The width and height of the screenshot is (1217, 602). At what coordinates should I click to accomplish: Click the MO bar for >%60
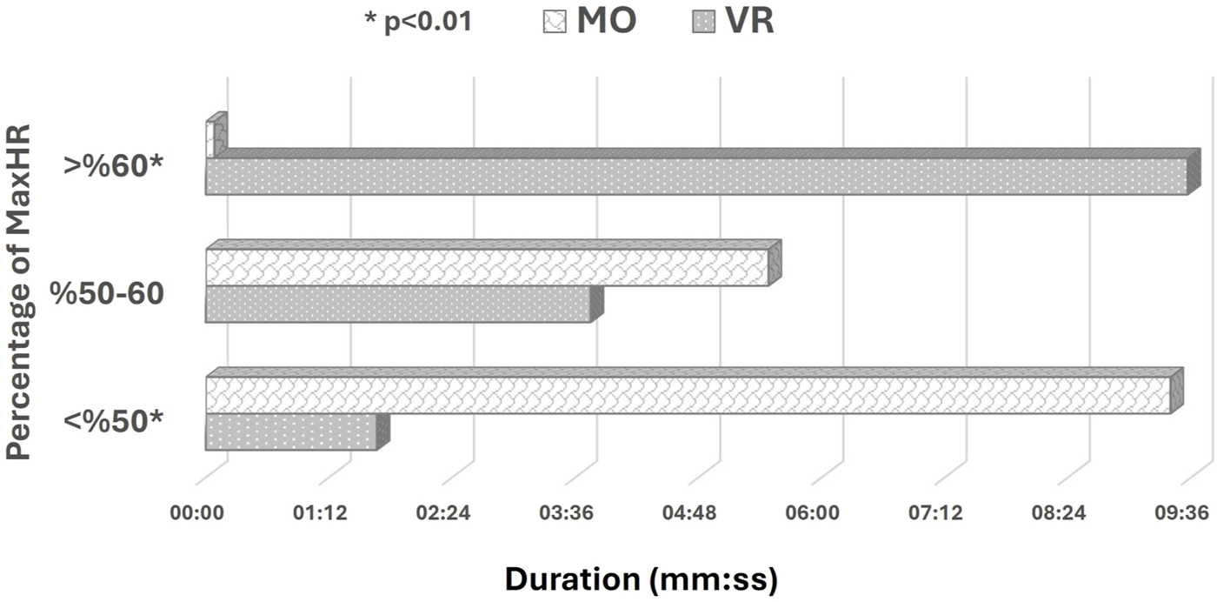(210, 139)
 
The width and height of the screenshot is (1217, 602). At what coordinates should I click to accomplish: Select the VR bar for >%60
(695, 177)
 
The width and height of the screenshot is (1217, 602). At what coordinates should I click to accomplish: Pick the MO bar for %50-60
(487, 267)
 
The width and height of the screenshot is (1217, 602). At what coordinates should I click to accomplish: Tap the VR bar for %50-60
(398, 304)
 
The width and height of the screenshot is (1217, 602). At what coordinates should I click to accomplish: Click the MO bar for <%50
(688, 395)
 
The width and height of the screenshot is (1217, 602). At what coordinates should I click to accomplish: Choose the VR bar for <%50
(290, 432)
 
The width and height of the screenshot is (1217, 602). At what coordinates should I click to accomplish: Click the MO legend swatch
(553, 21)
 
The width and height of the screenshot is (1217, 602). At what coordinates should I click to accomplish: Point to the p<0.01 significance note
(418, 22)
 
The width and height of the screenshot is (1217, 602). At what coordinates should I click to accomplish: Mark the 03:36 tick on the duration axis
(566, 514)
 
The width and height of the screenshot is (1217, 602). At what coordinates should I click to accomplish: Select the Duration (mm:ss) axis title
(641, 578)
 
